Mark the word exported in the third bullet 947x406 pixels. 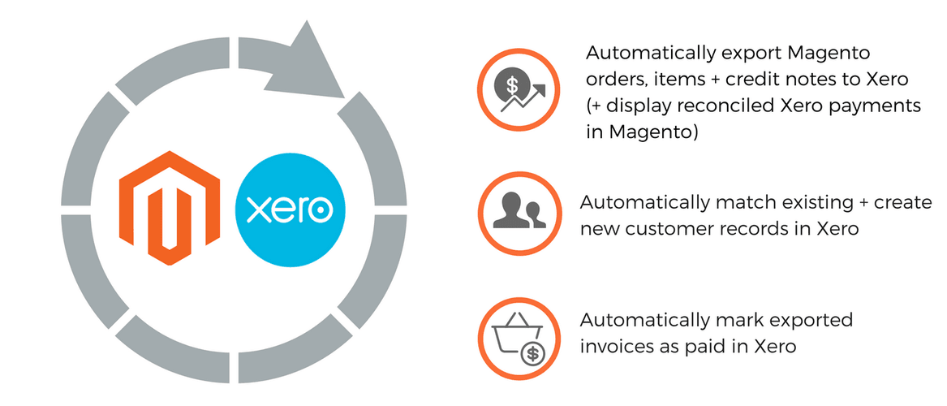tap(811, 320)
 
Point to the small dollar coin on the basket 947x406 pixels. tap(533, 353)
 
